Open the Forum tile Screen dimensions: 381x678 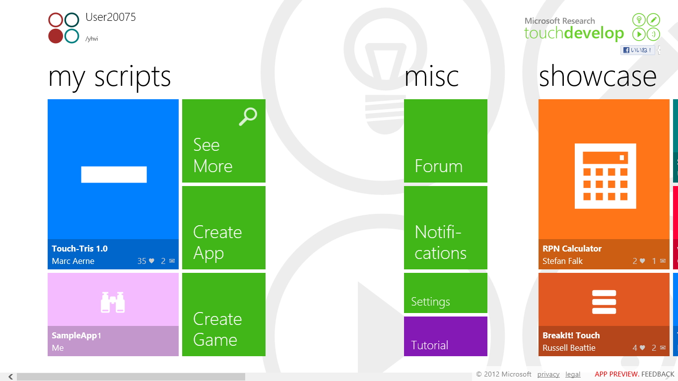(445, 141)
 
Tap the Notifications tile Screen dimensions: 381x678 (445, 228)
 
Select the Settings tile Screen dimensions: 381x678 (445, 293)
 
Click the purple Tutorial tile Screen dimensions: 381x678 (445, 336)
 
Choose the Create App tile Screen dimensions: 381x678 (223, 228)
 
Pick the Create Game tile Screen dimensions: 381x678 (223, 315)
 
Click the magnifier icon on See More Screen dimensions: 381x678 (248, 117)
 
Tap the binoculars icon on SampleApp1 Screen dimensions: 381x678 (113, 302)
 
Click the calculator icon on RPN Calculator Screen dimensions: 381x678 (605, 176)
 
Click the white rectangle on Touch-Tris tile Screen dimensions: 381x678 (114, 175)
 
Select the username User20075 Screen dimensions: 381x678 (110, 17)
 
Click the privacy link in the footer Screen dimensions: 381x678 (548, 375)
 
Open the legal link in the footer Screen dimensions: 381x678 (573, 375)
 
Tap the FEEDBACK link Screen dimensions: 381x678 (658, 375)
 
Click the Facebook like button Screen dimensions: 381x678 (638, 50)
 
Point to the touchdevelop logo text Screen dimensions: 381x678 (574, 33)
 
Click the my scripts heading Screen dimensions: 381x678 (110, 77)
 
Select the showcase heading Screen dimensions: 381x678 (598, 77)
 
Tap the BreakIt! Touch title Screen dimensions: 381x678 (571, 335)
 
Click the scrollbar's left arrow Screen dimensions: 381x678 (10, 377)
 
